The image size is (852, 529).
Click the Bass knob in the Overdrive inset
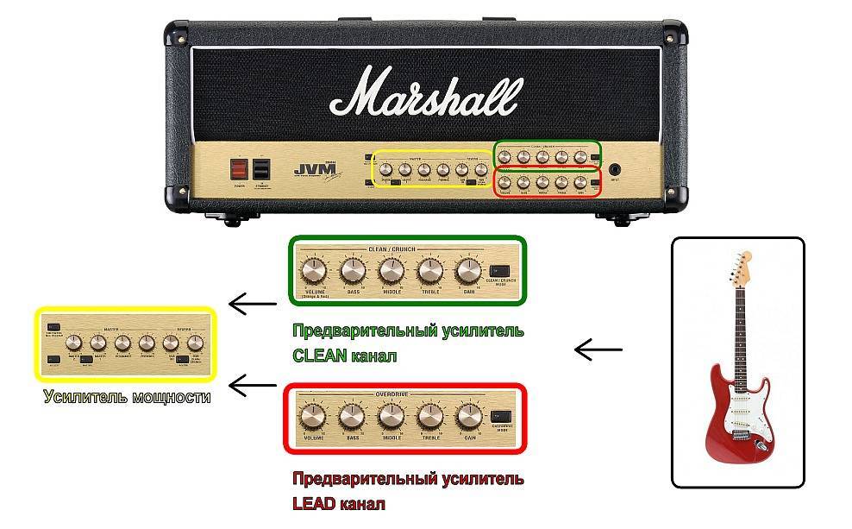coord(351,418)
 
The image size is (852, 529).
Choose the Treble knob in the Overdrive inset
coord(429,418)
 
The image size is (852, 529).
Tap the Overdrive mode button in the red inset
coord(499,416)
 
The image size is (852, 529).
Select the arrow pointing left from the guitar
coord(598,350)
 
